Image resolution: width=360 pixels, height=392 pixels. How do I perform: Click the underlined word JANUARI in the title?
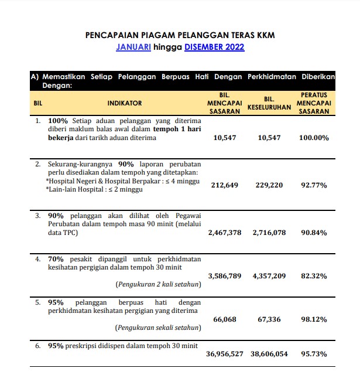click(133, 47)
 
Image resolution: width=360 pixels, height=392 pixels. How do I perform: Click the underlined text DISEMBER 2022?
click(214, 47)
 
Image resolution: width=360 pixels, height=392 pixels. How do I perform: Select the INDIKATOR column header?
click(125, 103)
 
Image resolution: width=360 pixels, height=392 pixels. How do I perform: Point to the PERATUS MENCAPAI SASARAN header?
click(314, 103)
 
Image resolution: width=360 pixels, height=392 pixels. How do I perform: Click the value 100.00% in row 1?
click(314, 138)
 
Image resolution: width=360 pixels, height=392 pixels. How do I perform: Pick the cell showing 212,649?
click(225, 185)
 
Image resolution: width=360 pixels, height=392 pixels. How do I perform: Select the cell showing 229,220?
click(269, 185)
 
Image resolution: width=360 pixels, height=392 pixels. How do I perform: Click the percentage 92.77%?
click(314, 185)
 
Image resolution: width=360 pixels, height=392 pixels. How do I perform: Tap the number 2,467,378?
click(225, 233)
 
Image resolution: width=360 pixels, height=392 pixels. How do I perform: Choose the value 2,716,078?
click(269, 233)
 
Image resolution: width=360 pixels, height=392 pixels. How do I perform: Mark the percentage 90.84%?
click(314, 233)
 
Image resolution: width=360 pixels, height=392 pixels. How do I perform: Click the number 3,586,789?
click(225, 275)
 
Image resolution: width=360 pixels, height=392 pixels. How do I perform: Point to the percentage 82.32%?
click(314, 275)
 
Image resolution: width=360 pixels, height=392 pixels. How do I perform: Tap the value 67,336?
click(269, 319)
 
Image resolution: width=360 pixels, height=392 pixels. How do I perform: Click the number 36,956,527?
click(225, 354)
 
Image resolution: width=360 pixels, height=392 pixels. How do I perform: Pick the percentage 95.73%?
click(314, 354)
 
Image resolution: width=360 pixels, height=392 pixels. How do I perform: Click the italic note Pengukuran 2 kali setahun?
click(158, 284)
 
